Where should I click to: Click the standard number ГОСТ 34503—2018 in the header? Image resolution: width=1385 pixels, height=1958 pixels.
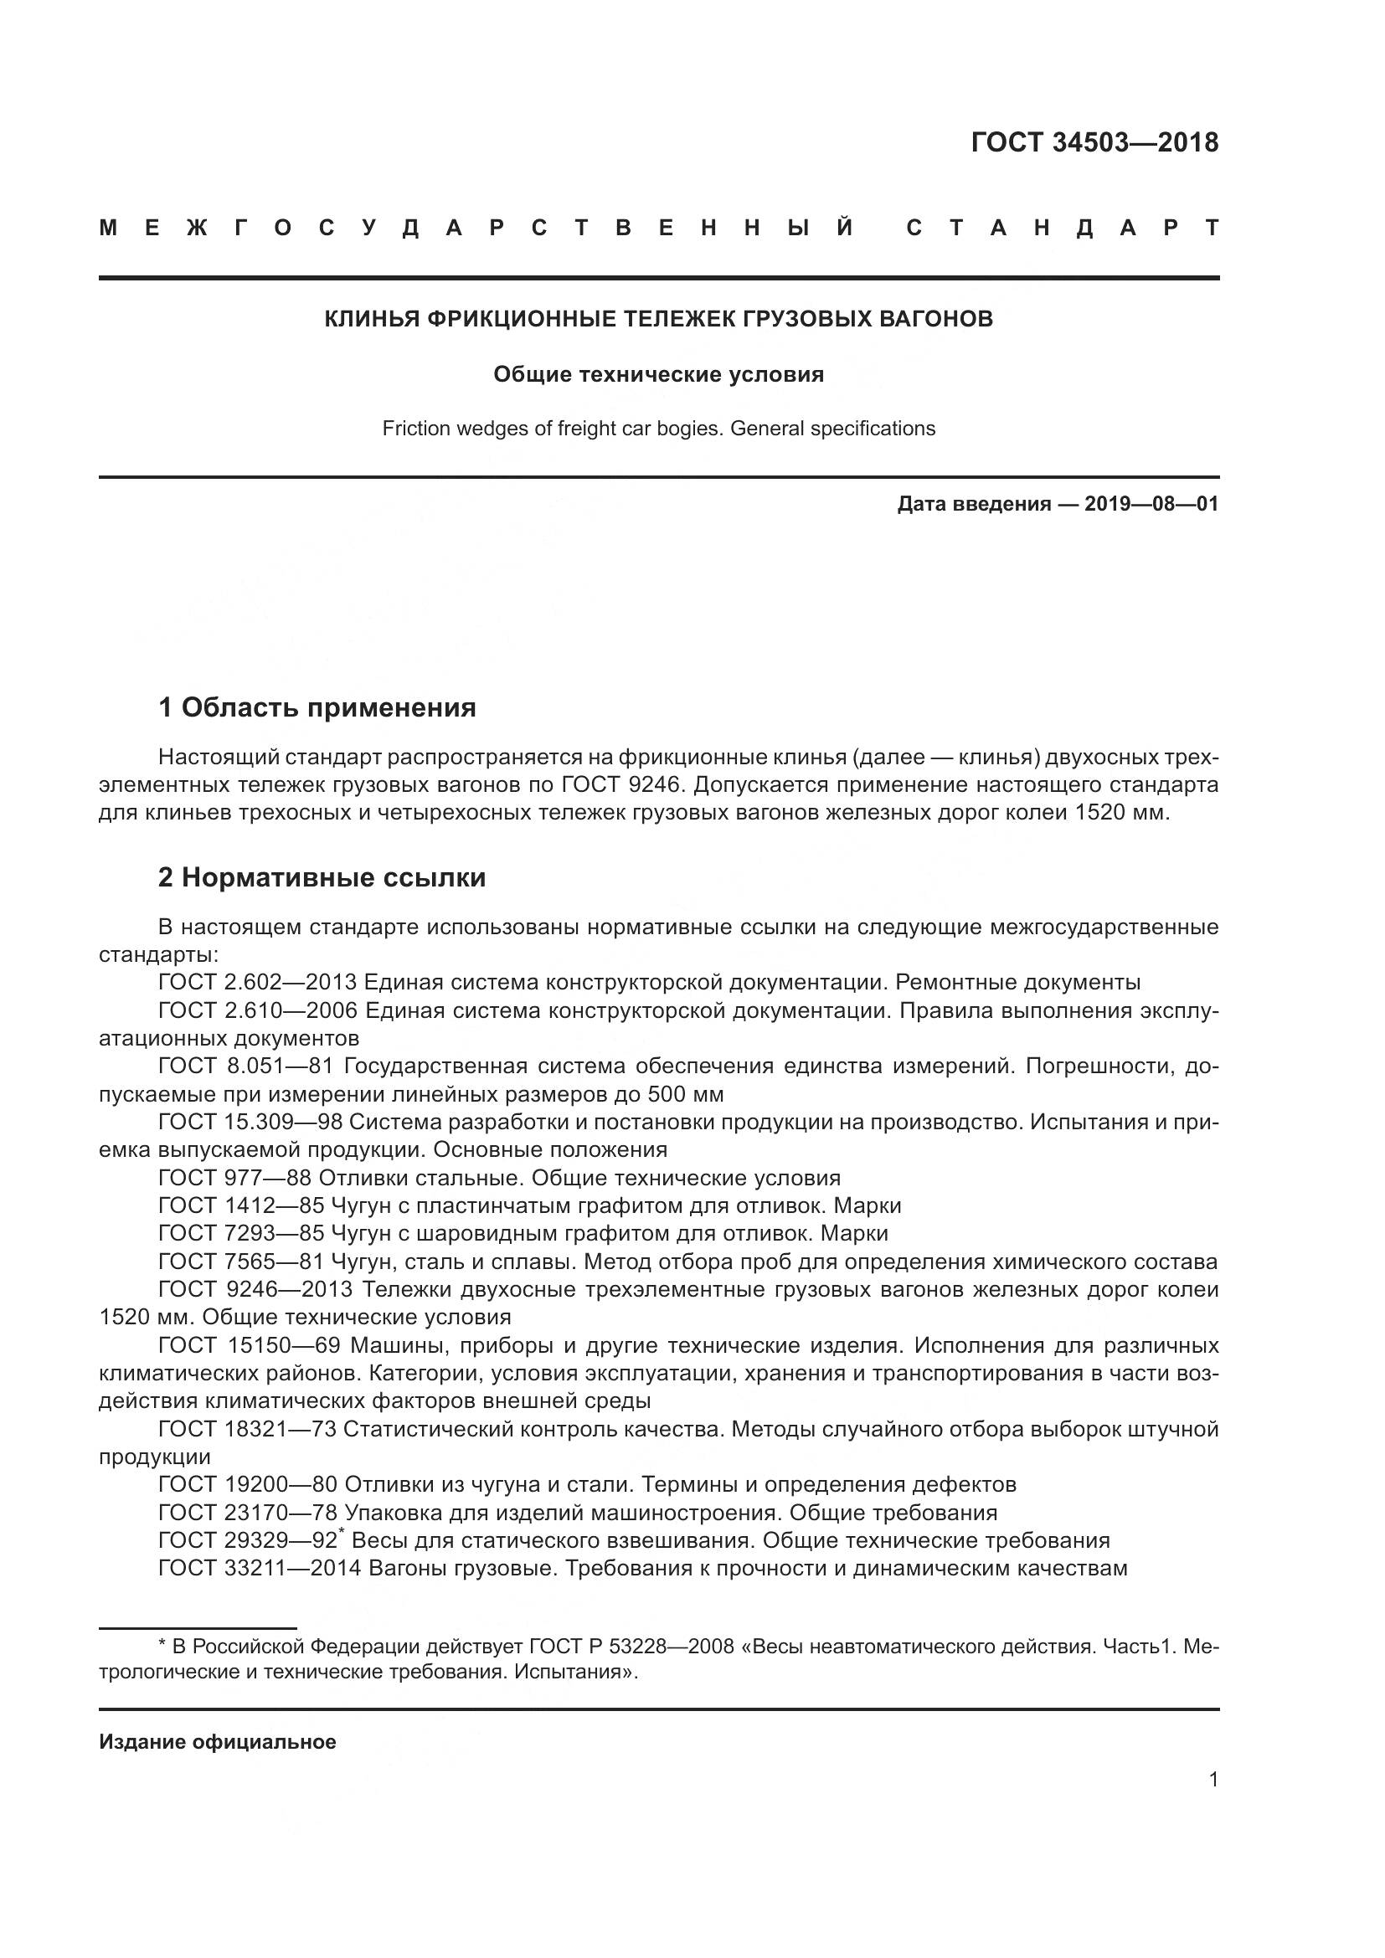pyautogui.click(x=1094, y=142)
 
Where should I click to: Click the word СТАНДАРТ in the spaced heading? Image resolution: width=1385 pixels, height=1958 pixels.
pyautogui.click(x=1062, y=229)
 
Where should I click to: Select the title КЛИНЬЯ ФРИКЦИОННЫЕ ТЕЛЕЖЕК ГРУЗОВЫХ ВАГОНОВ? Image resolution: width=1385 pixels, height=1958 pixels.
pyautogui.click(x=658, y=319)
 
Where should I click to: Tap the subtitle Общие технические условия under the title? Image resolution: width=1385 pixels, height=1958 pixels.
pyautogui.click(x=658, y=374)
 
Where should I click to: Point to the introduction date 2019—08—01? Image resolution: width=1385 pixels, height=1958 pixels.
pyautogui.click(x=1151, y=504)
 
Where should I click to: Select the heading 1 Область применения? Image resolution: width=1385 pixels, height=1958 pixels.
pyautogui.click(x=317, y=707)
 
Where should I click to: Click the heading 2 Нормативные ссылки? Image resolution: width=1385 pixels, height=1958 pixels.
pyautogui.click(x=322, y=877)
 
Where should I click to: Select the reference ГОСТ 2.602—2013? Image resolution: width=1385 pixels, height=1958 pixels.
pyautogui.click(x=258, y=983)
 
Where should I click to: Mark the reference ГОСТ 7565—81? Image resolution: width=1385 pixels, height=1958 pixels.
pyautogui.click(x=241, y=1262)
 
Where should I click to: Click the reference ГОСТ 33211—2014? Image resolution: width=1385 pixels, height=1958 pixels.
pyautogui.click(x=260, y=1568)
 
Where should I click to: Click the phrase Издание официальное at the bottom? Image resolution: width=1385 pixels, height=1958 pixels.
pyautogui.click(x=218, y=1742)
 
